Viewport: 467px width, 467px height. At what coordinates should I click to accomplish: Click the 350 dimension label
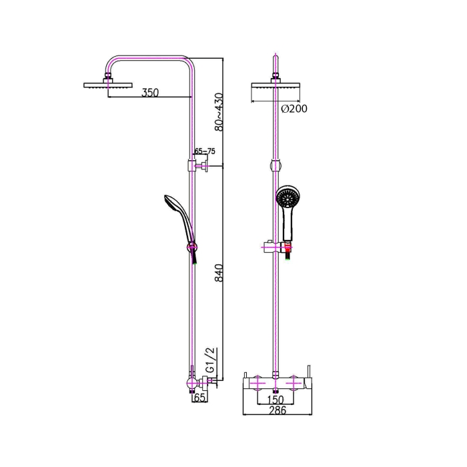pyautogui.click(x=150, y=93)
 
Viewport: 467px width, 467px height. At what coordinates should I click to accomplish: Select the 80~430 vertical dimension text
pyautogui.click(x=219, y=112)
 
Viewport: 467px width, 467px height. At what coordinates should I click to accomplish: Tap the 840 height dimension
pyautogui.click(x=219, y=272)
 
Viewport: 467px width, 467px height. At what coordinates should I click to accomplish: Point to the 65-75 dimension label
pyautogui.click(x=205, y=151)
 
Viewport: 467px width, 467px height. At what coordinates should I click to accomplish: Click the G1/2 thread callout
pyautogui.click(x=211, y=360)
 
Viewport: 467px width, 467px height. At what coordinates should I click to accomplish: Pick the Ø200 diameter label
pyautogui.click(x=294, y=109)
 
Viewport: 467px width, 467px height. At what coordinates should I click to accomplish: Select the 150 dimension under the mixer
pyautogui.click(x=276, y=400)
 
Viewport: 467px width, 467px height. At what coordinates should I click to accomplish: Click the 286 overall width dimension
pyautogui.click(x=278, y=410)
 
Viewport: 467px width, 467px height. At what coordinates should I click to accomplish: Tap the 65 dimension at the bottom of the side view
pyautogui.click(x=200, y=398)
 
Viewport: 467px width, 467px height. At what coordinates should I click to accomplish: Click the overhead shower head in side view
pyautogui.click(x=107, y=83)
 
